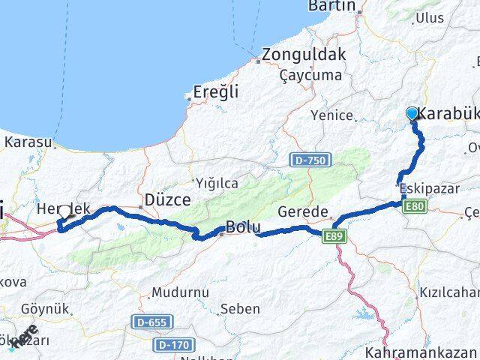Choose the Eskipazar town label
[429, 188]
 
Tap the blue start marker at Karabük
[412, 114]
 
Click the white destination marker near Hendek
[66, 211]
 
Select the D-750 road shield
[307, 160]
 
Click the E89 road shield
[335, 236]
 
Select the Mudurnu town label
[177, 292]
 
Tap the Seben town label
[241, 308]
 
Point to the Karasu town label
[29, 142]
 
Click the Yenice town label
[332, 115]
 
